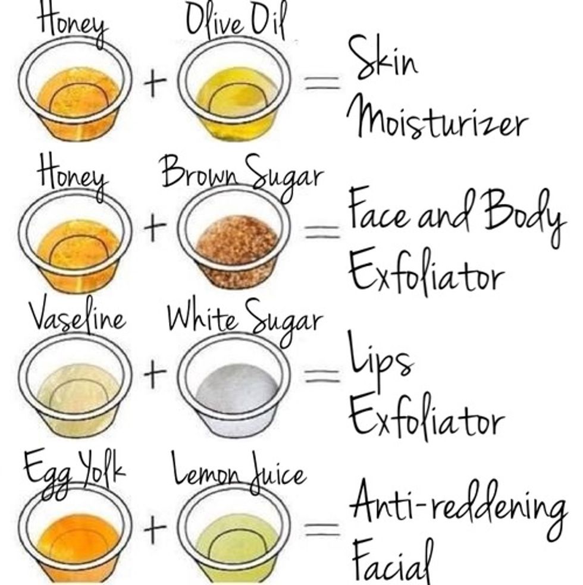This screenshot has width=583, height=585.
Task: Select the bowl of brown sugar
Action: (234, 237)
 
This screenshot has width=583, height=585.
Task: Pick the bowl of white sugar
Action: (234, 384)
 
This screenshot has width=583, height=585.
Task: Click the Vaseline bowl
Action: (76, 384)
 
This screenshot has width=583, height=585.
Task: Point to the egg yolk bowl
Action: (76, 533)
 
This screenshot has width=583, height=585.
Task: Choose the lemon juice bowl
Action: (234, 533)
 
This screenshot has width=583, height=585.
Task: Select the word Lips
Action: (381, 357)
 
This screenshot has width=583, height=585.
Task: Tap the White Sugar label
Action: (245, 322)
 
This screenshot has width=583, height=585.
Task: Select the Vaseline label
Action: (77, 316)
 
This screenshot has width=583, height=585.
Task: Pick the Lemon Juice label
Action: (239, 471)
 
